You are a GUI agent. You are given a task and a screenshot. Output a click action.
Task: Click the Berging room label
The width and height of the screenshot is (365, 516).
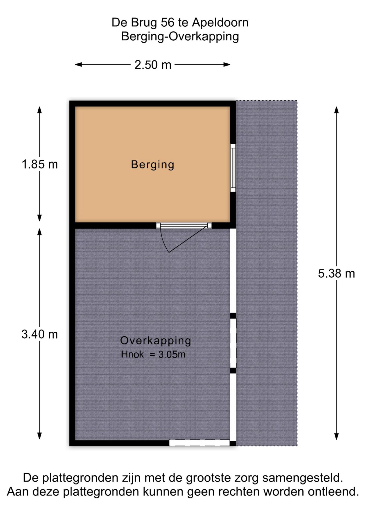[x=152, y=165]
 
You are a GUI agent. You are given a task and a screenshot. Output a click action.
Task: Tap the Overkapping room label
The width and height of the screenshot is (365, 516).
[x=156, y=341]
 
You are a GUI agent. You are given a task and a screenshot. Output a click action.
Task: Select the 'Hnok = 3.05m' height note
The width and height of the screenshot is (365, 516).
[x=153, y=354]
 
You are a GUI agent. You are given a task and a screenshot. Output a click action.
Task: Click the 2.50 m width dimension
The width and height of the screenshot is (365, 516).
[x=153, y=65]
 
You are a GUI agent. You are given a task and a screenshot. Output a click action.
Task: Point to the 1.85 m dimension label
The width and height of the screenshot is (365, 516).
[x=40, y=164]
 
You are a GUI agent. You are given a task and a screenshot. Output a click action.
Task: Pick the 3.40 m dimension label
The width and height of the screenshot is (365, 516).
[x=40, y=334]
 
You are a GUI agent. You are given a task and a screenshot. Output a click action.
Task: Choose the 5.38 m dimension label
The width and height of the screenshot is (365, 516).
[x=337, y=274]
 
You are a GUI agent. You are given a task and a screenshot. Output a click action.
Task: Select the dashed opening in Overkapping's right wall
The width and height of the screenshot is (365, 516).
[x=233, y=343]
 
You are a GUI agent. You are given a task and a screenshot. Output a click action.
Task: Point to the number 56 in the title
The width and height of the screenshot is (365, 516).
[x=167, y=23]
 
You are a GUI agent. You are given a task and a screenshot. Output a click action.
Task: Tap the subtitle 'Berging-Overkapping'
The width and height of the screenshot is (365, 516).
[x=180, y=37]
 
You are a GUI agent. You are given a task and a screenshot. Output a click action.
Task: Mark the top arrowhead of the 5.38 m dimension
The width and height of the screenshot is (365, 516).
[x=337, y=110]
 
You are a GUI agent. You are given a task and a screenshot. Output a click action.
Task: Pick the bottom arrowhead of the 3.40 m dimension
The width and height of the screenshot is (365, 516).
[x=40, y=436]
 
